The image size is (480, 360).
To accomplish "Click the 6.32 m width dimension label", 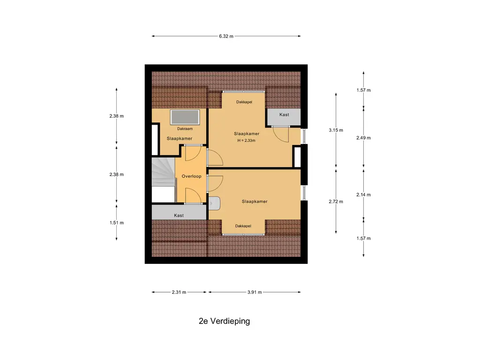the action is pos(226,36).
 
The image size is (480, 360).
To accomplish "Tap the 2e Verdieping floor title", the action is pos(225,321).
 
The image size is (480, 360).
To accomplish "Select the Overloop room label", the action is pos(191,176).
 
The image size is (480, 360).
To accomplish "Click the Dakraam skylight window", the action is pos(185,117).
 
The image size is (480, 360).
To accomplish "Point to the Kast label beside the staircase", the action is pos(179,216).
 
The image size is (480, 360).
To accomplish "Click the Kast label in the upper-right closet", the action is pos(284,114).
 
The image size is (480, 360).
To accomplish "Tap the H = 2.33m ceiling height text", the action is pos(247,141).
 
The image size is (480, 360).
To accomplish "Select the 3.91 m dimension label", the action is pos(255,292).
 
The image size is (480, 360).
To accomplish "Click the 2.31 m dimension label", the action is pos(179,292).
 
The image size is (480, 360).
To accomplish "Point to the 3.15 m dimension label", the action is pos(336,130).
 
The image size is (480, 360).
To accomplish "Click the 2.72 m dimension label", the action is pos(336,202).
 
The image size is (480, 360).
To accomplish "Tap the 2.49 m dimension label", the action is pos(363,138).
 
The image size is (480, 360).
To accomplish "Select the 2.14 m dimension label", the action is pos(363,195).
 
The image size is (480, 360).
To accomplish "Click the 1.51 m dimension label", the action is pos(117,223).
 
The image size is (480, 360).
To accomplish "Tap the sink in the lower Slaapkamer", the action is pos(214,203).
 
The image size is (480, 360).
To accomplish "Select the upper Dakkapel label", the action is pos(244,102).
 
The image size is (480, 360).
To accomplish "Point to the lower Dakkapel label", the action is pos(243,226).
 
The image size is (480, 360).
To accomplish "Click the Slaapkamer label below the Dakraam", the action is pos(180,138).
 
